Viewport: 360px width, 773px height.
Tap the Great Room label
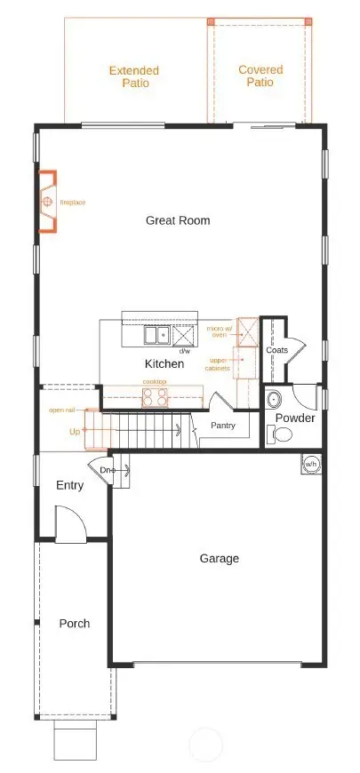click(178, 219)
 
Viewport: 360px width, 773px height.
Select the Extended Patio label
click(133, 76)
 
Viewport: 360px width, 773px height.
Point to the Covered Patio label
click(261, 76)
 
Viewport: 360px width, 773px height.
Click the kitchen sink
click(157, 336)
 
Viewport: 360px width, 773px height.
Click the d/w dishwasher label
click(185, 352)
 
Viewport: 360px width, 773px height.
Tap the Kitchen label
click(164, 364)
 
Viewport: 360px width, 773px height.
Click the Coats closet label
click(276, 350)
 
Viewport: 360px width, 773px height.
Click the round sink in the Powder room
click(273, 397)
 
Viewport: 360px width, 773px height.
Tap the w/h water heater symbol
click(311, 464)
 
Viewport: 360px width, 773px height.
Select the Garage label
click(219, 559)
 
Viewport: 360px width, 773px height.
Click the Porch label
click(75, 624)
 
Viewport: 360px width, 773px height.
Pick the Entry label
click(69, 485)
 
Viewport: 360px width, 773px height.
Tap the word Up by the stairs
click(75, 431)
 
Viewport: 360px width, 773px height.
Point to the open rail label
click(61, 410)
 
